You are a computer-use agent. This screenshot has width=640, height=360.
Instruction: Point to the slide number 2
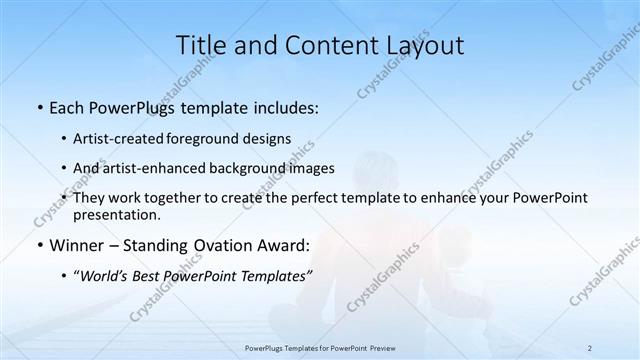(x=590, y=347)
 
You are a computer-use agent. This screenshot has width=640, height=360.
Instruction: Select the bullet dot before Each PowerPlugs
(x=37, y=106)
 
